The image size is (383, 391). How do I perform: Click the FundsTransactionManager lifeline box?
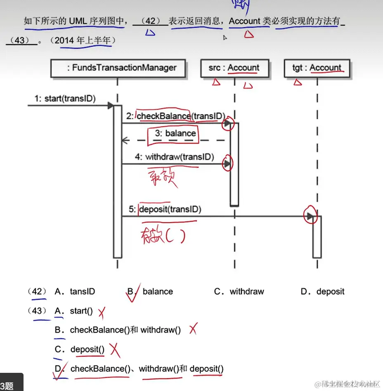118,68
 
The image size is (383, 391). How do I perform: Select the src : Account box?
235,68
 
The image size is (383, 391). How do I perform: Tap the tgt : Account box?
317,68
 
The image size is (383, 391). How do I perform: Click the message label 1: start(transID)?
65,98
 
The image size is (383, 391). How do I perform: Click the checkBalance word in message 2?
163,116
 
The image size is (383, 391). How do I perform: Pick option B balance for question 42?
157,291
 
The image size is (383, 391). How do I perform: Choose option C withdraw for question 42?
246,291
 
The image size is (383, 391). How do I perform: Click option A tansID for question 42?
82,291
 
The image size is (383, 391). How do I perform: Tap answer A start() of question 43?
81,311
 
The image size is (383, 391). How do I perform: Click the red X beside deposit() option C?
115,351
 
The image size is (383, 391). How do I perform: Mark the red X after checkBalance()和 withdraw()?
192,329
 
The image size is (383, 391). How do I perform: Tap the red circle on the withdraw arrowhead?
228,163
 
